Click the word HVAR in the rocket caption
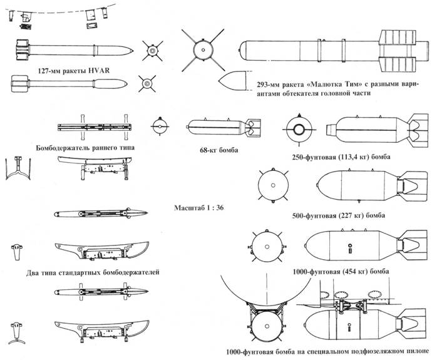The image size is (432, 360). tap(99, 71)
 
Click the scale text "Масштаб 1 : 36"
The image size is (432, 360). tap(199, 208)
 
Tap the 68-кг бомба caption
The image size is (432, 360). tap(219, 150)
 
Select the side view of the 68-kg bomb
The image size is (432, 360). tap(224, 127)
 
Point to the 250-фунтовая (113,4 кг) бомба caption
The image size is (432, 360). tap(341, 157)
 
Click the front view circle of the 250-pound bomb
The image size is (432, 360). tap(299, 130)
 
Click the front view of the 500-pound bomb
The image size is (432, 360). tap(273, 185)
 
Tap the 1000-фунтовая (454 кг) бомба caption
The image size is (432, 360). tap(341, 272)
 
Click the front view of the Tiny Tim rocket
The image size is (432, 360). tap(203, 51)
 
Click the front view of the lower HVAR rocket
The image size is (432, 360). tap(147, 83)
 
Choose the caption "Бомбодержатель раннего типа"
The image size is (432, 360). tap(85, 148)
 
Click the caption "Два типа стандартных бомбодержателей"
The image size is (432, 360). tap(93, 273)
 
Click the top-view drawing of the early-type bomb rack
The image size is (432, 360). tap(95, 127)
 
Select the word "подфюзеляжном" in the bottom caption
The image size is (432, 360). tap(366, 352)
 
